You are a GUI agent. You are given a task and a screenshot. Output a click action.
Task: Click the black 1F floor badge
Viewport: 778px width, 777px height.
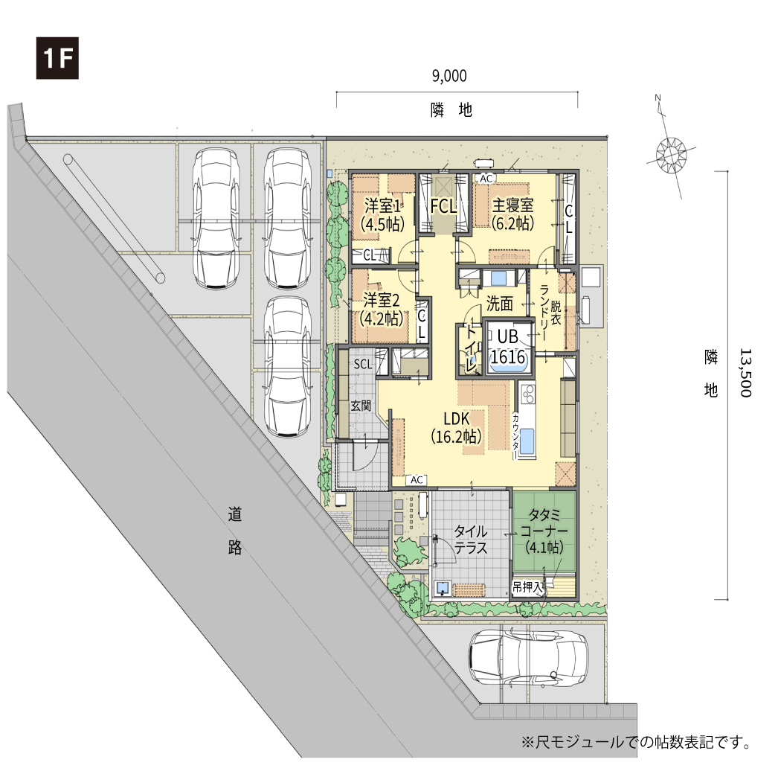(57, 57)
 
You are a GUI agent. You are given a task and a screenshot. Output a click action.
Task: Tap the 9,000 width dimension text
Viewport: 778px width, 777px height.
(449, 76)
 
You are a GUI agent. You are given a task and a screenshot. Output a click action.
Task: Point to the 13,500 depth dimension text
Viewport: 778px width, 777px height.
(746, 372)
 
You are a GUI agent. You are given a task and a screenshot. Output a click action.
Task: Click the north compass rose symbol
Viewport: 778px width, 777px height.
(671, 153)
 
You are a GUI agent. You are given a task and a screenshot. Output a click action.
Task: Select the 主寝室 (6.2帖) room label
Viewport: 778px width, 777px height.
(512, 214)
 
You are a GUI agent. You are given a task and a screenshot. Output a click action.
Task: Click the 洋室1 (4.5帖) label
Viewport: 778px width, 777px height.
(382, 215)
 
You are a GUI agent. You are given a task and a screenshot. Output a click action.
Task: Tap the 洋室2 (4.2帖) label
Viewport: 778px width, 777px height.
(381, 309)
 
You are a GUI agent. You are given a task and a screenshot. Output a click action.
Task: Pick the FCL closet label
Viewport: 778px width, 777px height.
(443, 207)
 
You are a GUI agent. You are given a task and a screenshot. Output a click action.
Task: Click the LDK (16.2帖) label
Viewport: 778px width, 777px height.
(456, 427)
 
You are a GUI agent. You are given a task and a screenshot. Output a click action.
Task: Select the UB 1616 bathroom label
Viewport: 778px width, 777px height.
(507, 347)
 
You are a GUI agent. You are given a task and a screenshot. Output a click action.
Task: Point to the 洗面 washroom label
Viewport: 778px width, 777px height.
(499, 304)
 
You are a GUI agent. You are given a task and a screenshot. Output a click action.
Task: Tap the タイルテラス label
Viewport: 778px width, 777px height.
(471, 539)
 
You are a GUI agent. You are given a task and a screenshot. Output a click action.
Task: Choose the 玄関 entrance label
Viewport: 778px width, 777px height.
(361, 406)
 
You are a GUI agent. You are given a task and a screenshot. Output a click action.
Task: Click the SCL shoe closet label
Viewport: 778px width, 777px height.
(363, 364)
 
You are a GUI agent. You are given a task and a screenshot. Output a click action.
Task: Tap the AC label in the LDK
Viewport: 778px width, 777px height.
(417, 479)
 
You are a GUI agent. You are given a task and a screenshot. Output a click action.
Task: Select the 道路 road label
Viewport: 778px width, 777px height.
(235, 530)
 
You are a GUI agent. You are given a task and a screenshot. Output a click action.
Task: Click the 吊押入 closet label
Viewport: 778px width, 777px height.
(527, 587)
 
